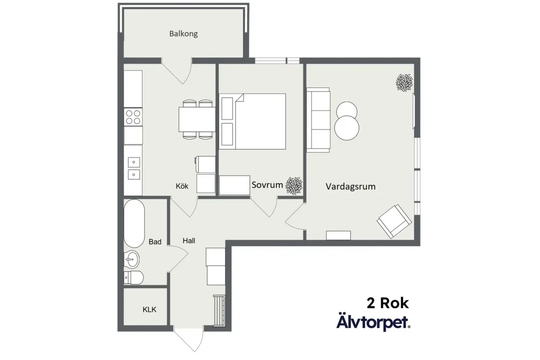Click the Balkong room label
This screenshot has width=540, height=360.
pos(183,34)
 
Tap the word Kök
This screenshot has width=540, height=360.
pos(182,186)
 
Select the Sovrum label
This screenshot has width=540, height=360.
pos(267,184)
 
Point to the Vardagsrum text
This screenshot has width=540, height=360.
pos(350,186)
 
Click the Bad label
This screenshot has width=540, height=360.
pos(155,242)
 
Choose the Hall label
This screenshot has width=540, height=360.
pos(188,240)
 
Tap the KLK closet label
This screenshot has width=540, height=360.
pos(149,309)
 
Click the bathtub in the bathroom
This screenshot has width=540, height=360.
pos(134,223)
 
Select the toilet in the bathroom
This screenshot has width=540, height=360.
pos(133,277)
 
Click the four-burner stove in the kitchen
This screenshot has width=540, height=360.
pos(133,117)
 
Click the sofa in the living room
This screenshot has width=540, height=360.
pos(318,120)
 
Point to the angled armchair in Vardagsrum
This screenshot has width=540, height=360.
pos(394,221)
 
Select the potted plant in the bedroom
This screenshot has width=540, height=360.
pos(294,185)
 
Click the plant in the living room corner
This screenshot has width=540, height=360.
pos(404,82)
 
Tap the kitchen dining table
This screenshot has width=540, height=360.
pos(197,119)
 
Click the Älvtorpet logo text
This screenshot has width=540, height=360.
pos(373,323)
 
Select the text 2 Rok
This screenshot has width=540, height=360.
pos(388,303)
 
